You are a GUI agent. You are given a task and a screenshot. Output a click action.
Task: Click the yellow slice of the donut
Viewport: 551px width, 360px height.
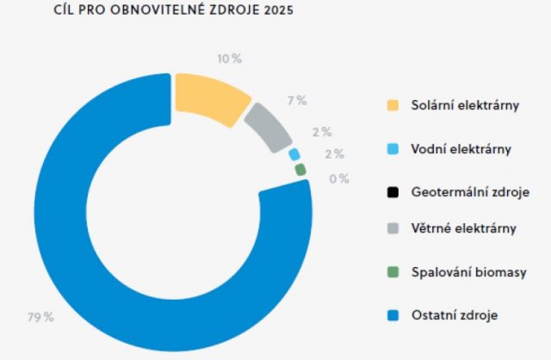(x=208, y=98)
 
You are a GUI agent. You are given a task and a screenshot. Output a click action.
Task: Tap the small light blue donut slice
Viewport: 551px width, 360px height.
(x=294, y=155)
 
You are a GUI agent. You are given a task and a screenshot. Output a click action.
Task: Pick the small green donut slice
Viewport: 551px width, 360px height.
(x=300, y=170)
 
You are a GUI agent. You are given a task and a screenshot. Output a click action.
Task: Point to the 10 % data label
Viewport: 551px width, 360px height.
(x=230, y=59)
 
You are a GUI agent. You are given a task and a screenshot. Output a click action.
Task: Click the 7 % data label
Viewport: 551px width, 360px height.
(x=297, y=101)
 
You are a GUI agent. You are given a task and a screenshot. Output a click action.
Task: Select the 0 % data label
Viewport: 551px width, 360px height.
(x=339, y=179)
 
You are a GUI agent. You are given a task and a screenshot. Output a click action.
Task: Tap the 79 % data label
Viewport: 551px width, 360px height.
(x=40, y=318)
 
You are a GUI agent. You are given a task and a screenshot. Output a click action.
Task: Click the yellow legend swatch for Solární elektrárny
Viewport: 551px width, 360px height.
(x=393, y=105)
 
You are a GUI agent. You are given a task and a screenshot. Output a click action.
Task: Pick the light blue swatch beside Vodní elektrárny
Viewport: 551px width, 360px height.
(x=393, y=149)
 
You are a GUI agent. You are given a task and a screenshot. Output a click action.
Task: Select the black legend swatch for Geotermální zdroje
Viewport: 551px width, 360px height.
(x=393, y=192)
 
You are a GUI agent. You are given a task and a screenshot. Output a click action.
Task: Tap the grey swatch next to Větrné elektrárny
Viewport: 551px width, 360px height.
(x=393, y=228)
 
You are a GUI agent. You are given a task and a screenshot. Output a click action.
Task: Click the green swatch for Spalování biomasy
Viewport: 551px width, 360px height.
(x=393, y=272)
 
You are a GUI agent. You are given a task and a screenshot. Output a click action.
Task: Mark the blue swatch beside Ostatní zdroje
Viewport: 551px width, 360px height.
(x=393, y=315)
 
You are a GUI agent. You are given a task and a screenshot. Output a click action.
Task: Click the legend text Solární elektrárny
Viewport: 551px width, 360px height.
(x=465, y=105)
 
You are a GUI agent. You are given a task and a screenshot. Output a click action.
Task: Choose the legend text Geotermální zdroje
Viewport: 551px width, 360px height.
(x=470, y=192)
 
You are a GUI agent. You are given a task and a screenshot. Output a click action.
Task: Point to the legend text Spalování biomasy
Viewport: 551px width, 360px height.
(x=468, y=272)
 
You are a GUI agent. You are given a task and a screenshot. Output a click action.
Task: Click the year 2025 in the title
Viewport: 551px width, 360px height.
(x=279, y=9)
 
